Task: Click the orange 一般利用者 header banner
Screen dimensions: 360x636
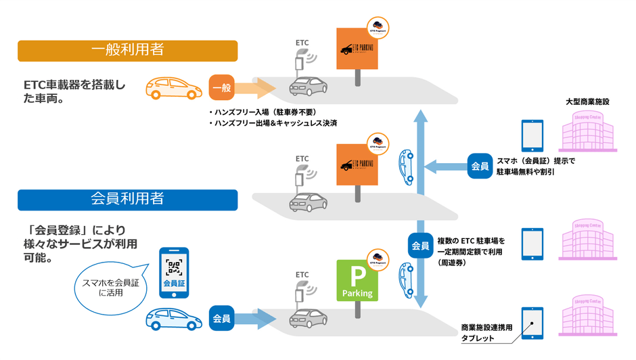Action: (x=127, y=51)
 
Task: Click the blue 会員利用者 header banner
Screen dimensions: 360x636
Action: (x=127, y=200)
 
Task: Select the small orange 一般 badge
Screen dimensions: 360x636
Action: (x=222, y=88)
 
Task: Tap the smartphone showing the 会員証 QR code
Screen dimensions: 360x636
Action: (x=174, y=272)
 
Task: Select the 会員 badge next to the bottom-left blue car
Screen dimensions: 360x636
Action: (x=222, y=318)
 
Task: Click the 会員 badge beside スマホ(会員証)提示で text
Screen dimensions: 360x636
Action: (x=480, y=166)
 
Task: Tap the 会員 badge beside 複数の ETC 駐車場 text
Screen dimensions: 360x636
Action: (x=420, y=246)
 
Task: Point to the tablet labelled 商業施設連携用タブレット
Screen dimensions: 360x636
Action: (x=532, y=323)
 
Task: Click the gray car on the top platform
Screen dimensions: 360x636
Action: (x=309, y=86)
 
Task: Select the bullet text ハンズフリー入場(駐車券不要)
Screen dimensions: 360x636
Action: (x=263, y=112)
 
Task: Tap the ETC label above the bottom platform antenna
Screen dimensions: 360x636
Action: (x=302, y=275)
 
